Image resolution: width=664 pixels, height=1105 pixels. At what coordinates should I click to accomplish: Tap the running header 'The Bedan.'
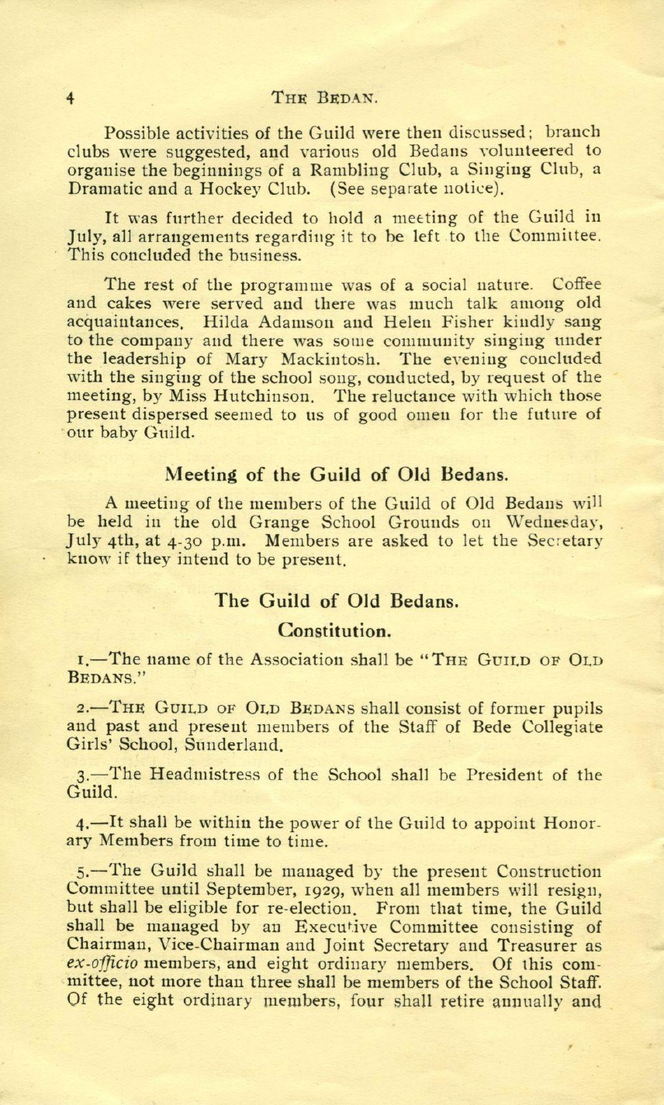pos(324,98)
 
